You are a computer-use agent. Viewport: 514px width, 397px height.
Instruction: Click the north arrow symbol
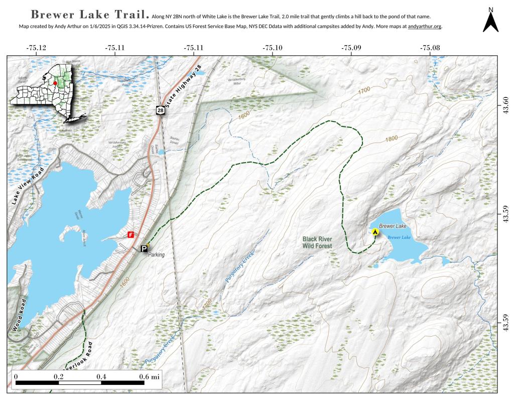[x=490, y=21]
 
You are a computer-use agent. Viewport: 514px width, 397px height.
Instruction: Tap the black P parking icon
[x=144, y=248]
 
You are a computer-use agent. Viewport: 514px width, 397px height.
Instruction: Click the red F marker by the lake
[x=131, y=234]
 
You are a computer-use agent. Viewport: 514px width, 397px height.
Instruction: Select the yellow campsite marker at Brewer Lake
[x=375, y=231]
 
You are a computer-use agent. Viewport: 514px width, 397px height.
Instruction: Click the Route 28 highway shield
[x=160, y=110]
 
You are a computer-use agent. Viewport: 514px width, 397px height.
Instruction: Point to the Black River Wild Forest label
[x=318, y=243]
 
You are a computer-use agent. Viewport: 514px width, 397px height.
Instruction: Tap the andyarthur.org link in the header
[x=425, y=26]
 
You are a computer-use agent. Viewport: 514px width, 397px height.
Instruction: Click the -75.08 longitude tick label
[x=430, y=48]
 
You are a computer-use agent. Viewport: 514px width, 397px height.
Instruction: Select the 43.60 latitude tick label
[x=505, y=106]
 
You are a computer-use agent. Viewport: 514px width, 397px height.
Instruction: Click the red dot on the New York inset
[x=55, y=83]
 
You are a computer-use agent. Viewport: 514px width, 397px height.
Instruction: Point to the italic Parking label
[x=156, y=254]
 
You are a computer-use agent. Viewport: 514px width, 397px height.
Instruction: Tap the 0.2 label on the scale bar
[x=59, y=376]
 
